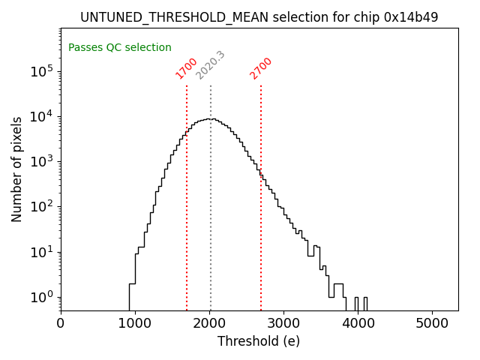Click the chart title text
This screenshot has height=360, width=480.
[x=259, y=16]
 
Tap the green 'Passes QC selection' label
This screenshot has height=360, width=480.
[x=120, y=47]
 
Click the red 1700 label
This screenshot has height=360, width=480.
[x=186, y=68]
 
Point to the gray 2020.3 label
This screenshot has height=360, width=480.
[x=210, y=65]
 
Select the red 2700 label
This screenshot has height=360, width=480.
[x=261, y=68]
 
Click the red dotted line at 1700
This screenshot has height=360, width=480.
[x=187, y=225]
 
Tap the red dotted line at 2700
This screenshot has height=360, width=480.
[x=261, y=225]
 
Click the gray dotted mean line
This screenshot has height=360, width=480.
[x=211, y=225]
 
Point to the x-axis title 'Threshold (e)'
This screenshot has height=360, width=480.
[x=259, y=341]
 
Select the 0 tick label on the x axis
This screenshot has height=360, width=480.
[x=61, y=322]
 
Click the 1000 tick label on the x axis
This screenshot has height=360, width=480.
[x=135, y=322]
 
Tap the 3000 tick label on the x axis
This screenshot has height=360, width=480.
[x=283, y=322]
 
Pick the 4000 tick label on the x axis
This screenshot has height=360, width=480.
[x=358, y=322]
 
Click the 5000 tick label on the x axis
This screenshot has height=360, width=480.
[x=432, y=322]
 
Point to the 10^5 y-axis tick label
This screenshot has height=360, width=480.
[x=41, y=71]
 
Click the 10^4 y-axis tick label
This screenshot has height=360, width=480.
[x=41, y=116]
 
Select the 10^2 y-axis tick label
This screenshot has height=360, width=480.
[x=41, y=207]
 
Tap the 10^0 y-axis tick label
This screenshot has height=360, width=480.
[x=41, y=297]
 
